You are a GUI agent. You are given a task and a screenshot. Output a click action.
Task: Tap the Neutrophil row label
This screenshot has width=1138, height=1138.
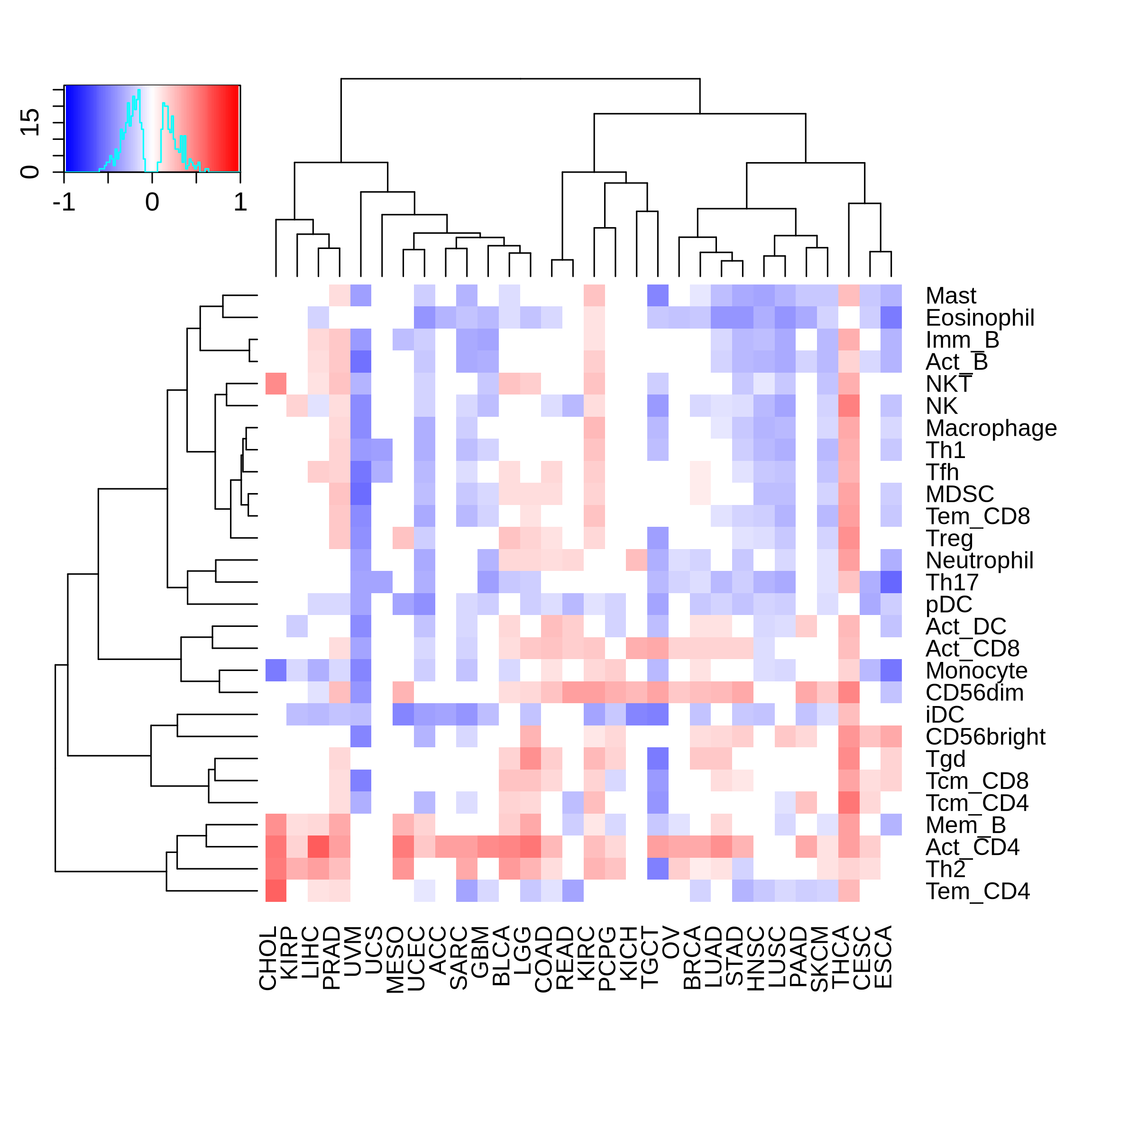[980, 561]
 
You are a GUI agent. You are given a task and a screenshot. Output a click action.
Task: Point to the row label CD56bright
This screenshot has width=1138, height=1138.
[985, 737]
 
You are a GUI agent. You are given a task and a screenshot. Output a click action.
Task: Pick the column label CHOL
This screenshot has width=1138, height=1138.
[268, 958]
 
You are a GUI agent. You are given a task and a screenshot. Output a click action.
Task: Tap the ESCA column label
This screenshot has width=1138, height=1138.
[883, 957]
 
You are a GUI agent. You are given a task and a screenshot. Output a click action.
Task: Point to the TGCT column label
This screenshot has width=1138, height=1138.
[650, 957]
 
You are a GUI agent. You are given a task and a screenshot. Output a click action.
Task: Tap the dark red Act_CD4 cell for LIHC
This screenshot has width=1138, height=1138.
[318, 847]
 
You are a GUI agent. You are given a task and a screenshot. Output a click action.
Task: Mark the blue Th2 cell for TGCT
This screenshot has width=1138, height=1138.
[658, 869]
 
